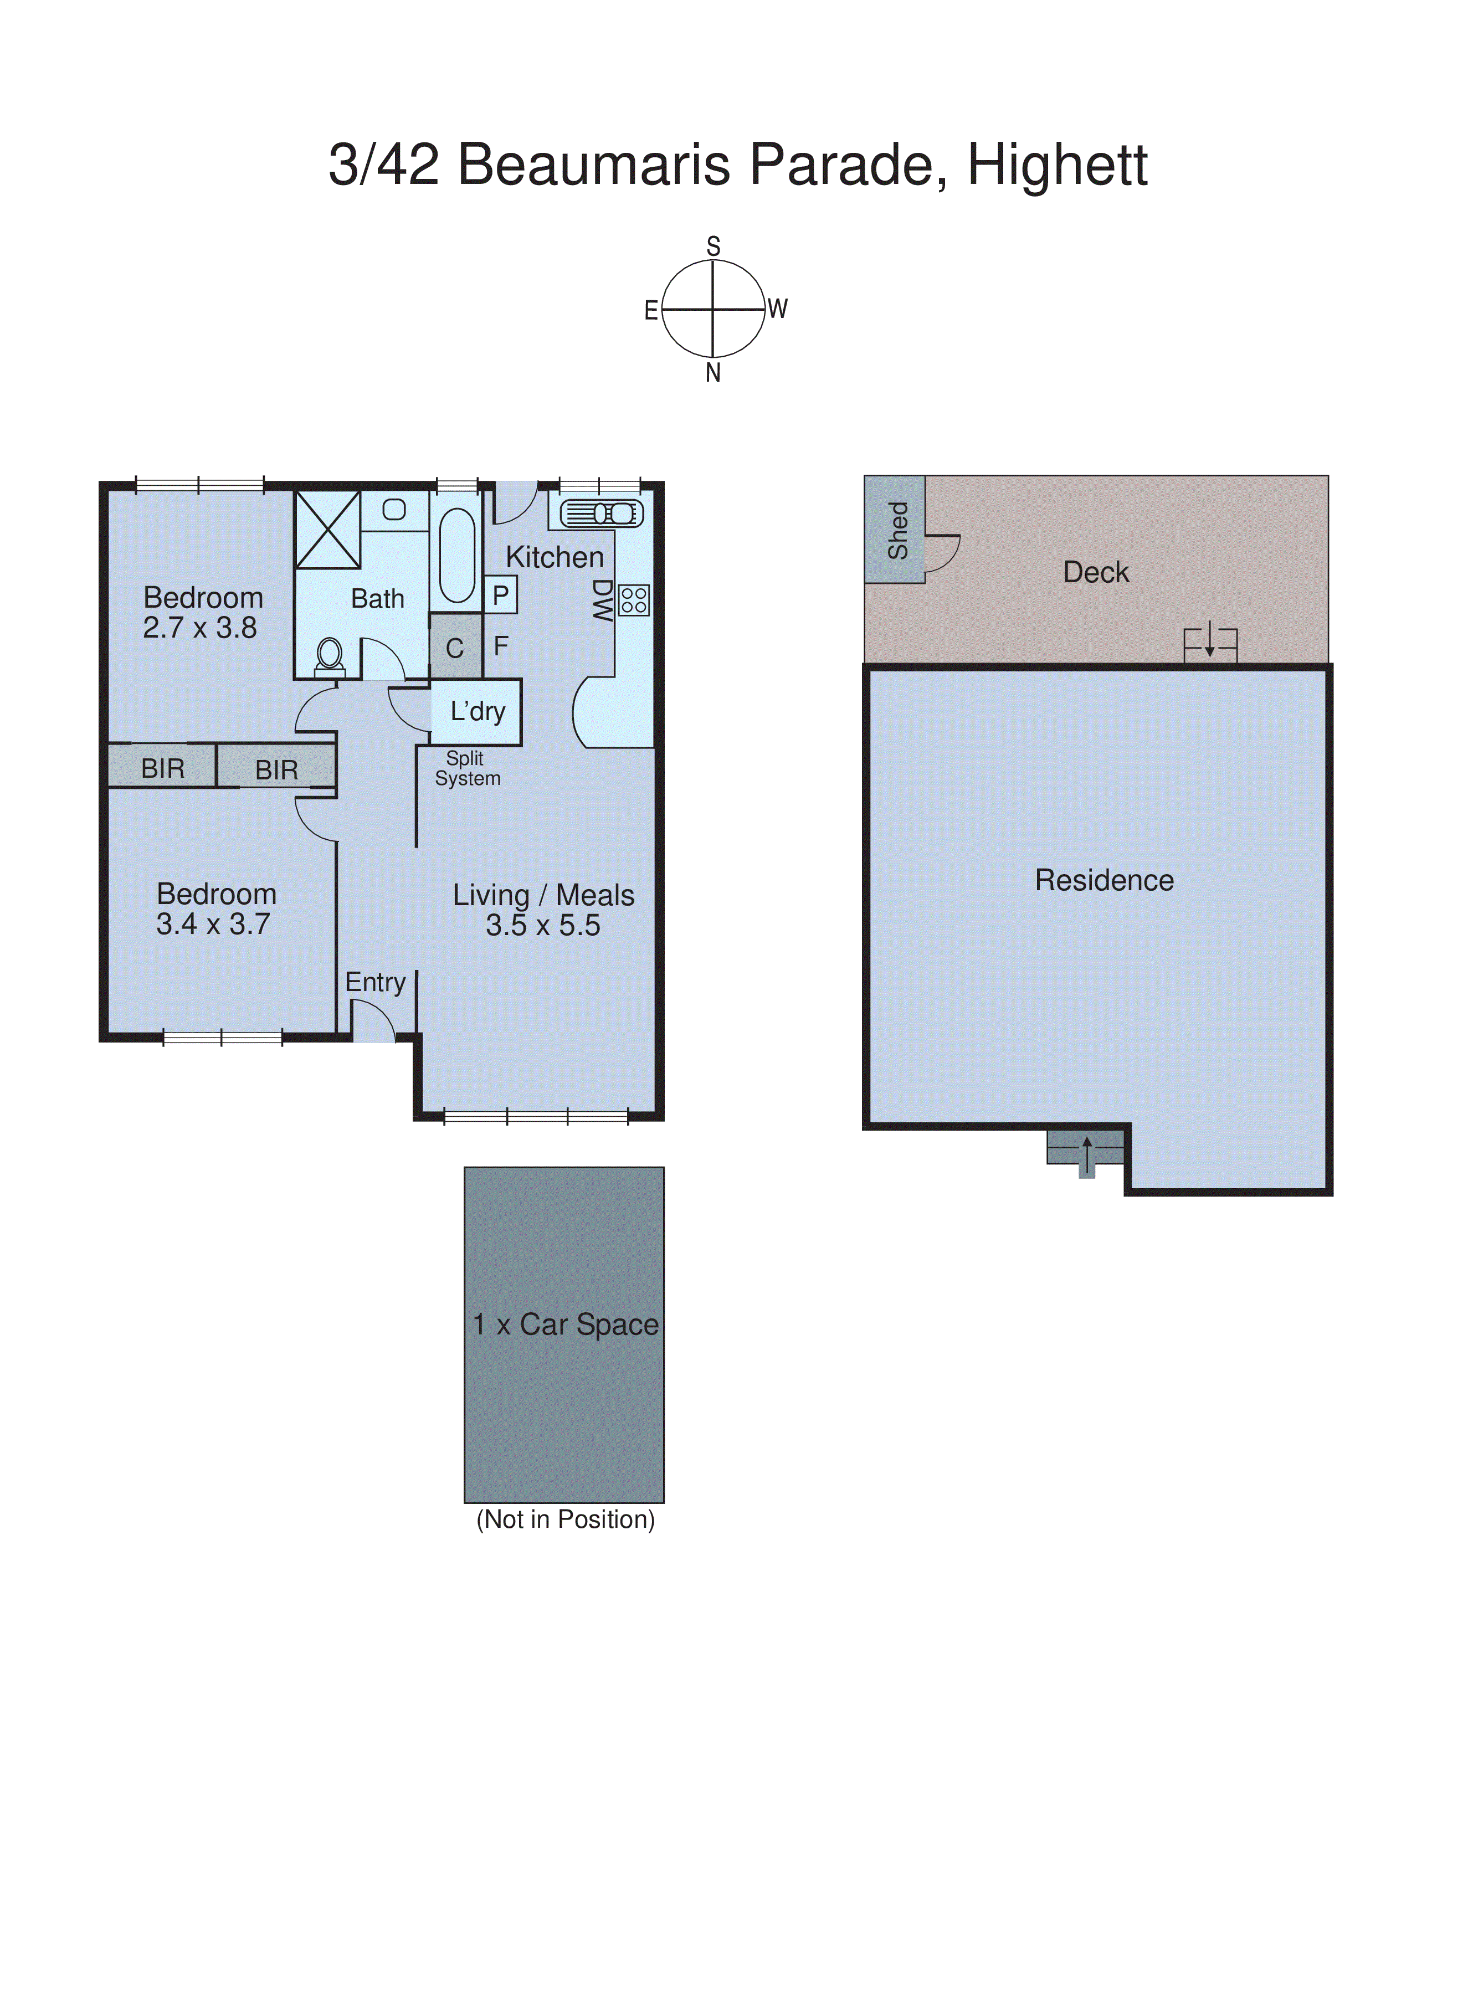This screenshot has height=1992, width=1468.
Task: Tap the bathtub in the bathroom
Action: click(457, 556)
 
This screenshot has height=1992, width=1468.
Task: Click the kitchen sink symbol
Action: click(600, 514)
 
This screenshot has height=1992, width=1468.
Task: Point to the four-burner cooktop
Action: click(634, 600)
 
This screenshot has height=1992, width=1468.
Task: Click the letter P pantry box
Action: click(501, 595)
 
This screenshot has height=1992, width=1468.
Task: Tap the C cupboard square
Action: click(455, 648)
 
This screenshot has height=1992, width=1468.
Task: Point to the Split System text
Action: click(468, 768)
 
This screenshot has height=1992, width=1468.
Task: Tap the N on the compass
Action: click(713, 373)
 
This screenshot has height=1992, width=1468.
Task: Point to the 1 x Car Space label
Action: click(565, 1324)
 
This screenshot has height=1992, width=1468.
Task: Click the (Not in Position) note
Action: click(565, 1519)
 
